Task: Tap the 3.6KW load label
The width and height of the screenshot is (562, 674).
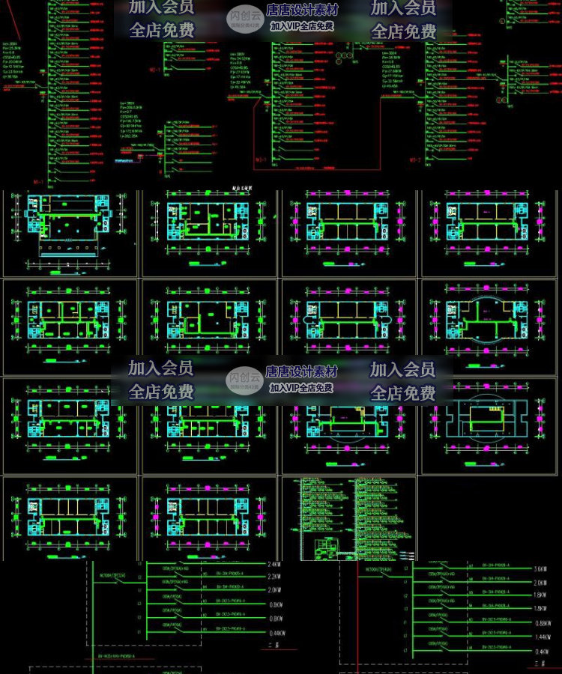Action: click(x=540, y=568)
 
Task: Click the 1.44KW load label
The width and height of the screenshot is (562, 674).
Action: click(x=540, y=636)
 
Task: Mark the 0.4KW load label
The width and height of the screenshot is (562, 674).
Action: click(x=540, y=649)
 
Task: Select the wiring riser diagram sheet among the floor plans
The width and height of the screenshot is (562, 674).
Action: click(x=349, y=517)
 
